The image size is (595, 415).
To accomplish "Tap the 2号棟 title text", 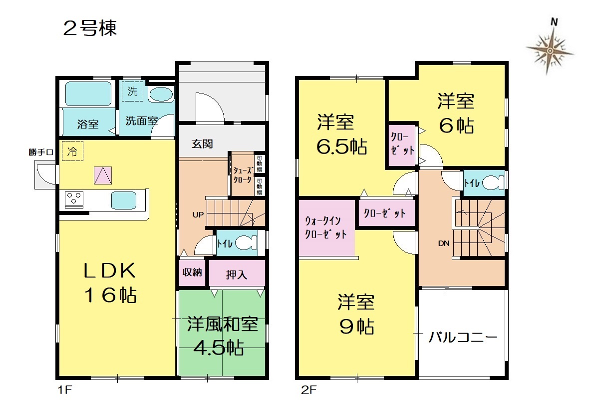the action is click(90, 28).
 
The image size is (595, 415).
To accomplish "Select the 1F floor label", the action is click(64, 390).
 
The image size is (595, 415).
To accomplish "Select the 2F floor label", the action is click(308, 390).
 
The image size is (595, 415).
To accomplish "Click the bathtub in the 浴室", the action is click(88, 93).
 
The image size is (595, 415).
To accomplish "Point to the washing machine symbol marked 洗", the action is click(132, 91).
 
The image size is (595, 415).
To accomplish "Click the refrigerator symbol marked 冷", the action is click(72, 151).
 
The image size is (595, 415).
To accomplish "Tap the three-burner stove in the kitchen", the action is click(74, 199).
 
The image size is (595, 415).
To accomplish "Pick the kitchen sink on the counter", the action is click(124, 200).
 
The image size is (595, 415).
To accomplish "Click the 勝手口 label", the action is click(40, 152).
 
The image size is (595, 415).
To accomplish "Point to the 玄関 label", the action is click(202, 143).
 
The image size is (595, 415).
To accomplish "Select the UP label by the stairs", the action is click(198, 214).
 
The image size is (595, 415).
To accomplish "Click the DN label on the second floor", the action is click(444, 243).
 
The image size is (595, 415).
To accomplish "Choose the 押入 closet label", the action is click(237, 274).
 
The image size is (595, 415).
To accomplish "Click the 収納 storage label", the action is click(192, 272).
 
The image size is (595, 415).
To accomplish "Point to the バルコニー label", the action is click(463, 337).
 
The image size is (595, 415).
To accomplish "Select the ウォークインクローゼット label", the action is click(325, 227).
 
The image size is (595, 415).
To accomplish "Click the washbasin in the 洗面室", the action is click(161, 94).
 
